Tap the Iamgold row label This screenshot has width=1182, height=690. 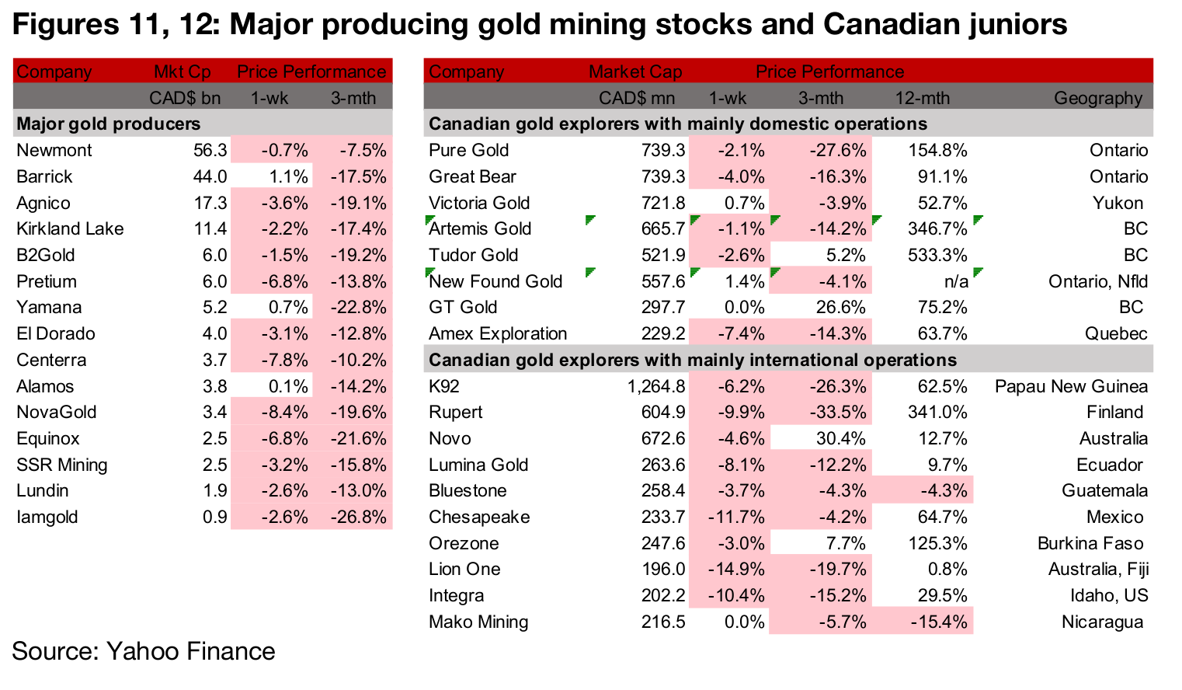[x=47, y=517]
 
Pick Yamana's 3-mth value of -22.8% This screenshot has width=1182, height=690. [x=358, y=308]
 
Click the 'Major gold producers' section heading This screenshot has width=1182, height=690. [x=109, y=124]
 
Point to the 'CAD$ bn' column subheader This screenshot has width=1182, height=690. [x=185, y=99]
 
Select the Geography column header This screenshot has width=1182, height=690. [x=1097, y=99]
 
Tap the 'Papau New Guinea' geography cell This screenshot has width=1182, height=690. [x=1071, y=387]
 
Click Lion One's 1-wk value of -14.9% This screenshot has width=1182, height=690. [x=735, y=570]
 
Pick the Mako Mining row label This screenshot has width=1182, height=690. [x=478, y=622]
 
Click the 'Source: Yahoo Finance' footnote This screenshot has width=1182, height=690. [x=144, y=651]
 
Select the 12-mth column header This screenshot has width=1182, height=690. [x=922, y=99]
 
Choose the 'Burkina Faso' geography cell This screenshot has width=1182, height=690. [x=1090, y=544]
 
